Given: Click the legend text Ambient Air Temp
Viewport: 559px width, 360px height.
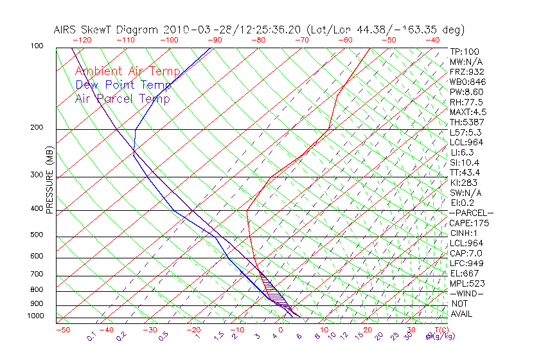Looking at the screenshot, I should click(x=122, y=71).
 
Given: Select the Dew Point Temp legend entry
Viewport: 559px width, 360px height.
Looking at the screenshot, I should click(x=123, y=85).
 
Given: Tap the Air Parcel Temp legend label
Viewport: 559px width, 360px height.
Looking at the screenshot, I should click(x=123, y=99).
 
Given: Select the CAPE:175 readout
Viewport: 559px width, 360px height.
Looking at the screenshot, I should click(x=469, y=223).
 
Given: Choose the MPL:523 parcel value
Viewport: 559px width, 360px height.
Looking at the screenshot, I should click(x=467, y=283).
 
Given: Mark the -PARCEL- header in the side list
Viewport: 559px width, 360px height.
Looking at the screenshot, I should click(x=472, y=213).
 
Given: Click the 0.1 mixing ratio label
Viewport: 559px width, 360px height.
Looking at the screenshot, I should click(x=92, y=336).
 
